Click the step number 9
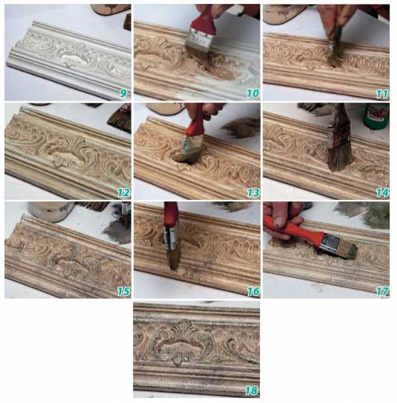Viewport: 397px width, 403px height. pos(123,93)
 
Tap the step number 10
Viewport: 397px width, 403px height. pos(253,93)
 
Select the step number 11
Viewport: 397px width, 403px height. pos(382,94)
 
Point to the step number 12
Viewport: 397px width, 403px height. pos(124,193)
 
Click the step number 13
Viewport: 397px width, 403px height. pos(253,193)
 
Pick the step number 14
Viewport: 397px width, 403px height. pos(382,193)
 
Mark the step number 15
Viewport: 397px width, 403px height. pos(124,291)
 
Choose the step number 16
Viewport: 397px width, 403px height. pos(253,291)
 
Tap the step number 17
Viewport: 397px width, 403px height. pos(382,291)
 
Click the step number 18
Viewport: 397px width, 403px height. pos(251,390)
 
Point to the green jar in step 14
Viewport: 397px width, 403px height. pos(376,116)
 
